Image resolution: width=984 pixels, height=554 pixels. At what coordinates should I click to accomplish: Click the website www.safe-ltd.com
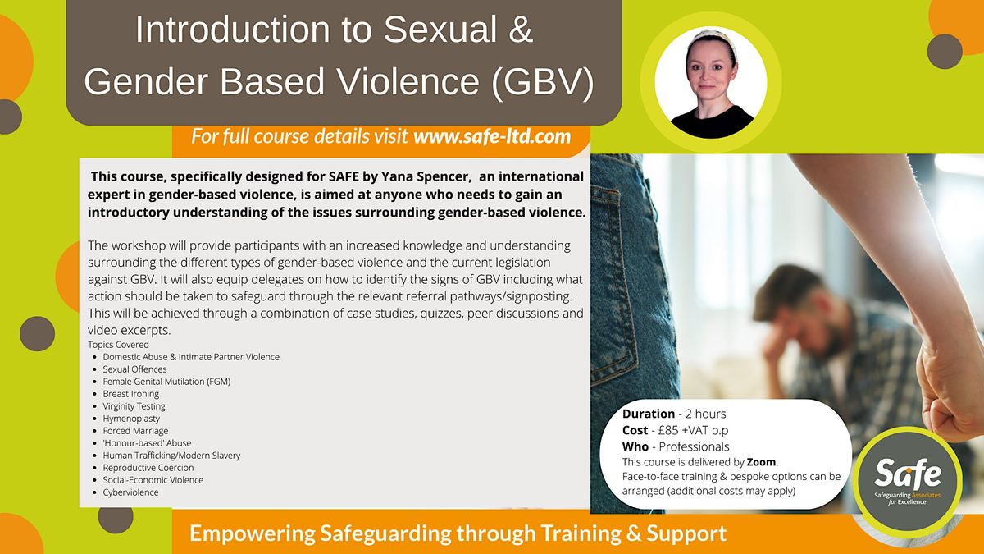click(492, 136)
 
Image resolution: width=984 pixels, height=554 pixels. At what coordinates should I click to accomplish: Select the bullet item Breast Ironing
click(130, 394)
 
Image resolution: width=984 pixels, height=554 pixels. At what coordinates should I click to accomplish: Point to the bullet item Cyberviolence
click(130, 492)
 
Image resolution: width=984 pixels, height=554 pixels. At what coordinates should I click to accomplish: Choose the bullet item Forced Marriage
click(135, 431)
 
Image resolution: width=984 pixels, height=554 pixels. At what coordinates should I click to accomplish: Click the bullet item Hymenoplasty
click(131, 419)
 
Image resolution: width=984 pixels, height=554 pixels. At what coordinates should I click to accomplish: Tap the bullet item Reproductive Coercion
click(148, 468)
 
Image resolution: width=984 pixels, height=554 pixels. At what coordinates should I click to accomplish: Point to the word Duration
click(648, 414)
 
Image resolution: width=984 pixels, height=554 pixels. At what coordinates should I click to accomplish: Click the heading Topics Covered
click(118, 345)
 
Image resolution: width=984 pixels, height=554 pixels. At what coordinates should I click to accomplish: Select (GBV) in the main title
click(545, 83)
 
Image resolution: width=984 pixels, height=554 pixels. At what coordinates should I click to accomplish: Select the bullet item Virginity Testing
click(134, 406)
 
